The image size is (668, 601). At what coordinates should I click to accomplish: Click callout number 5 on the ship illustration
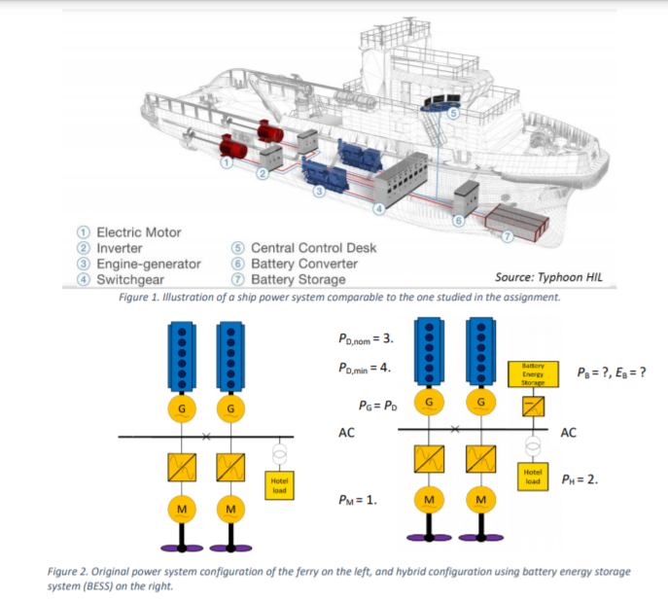tap(452, 114)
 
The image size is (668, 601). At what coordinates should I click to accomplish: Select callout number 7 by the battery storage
tap(507, 235)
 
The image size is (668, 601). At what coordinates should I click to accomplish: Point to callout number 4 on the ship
tap(380, 207)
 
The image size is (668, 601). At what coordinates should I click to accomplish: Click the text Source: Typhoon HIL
tap(548, 278)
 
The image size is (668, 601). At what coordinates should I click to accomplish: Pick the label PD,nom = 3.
tap(365, 339)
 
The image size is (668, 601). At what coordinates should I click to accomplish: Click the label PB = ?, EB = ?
tap(612, 371)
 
